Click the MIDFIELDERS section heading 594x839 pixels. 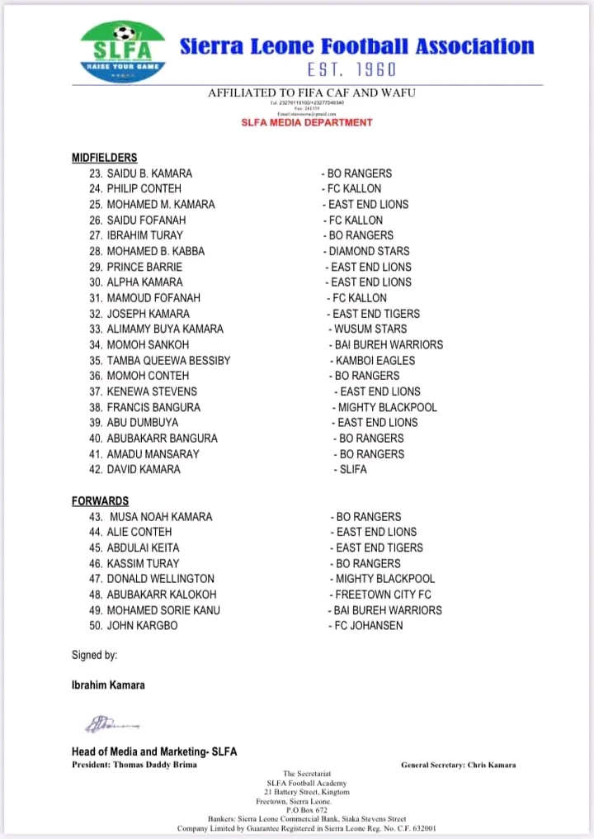click(104, 158)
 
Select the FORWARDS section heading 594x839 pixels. click(100, 500)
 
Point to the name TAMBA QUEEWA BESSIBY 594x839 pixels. click(168, 360)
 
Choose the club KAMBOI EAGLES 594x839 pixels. click(375, 360)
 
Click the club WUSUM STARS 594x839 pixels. click(370, 329)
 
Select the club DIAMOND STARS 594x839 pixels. click(369, 251)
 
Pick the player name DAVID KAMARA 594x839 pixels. click(144, 469)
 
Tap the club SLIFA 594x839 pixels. click(353, 469)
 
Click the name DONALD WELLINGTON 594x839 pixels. click(160, 579)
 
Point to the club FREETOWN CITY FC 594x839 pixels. click(383, 595)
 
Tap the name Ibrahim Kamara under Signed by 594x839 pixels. click(108, 685)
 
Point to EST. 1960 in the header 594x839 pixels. click(358, 69)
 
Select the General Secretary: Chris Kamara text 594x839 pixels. click(458, 765)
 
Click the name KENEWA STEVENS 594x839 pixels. click(152, 391)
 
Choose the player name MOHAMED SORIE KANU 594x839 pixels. click(163, 610)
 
